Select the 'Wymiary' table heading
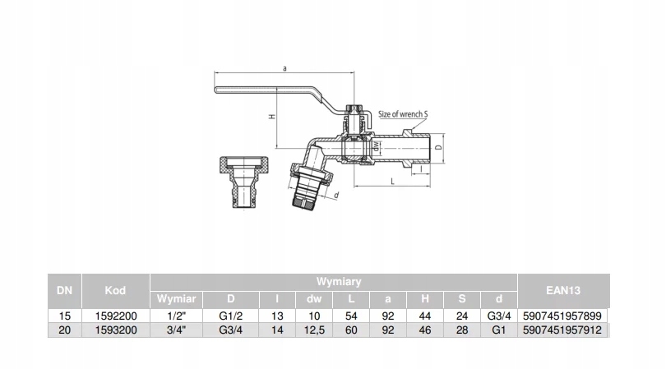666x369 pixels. point(333,281)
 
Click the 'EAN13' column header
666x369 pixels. point(563,289)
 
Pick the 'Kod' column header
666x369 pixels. point(115,289)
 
